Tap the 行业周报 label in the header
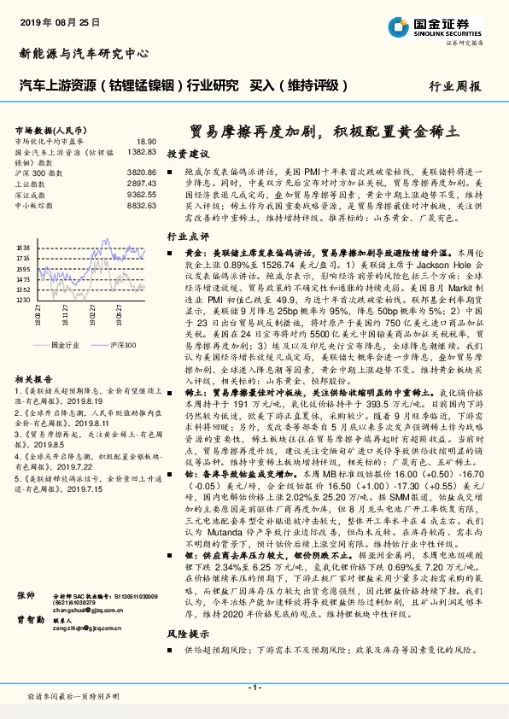454,86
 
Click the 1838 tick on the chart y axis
22,247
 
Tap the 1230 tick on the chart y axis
22,300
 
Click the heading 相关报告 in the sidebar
34,378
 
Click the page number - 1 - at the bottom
254,687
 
